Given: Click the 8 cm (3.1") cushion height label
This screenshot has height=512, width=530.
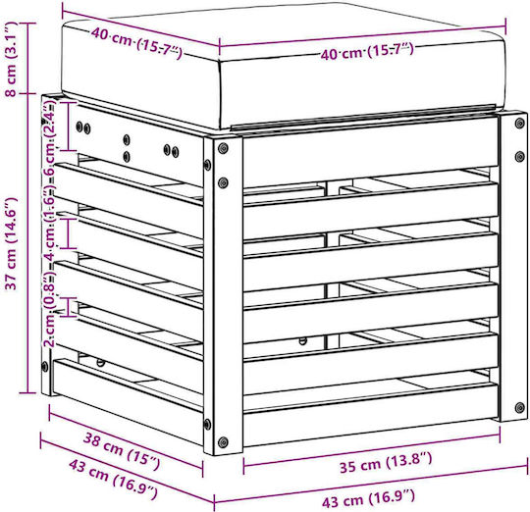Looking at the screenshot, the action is pos(11,59).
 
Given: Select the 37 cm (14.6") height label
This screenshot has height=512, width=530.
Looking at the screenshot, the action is pos(12,244).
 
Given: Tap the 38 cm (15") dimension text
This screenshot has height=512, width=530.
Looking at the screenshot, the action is pos(122,450).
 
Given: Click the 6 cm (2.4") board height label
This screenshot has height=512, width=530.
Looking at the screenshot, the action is pos(49,137).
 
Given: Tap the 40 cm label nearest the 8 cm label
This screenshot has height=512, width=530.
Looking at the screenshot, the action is pos(136,43).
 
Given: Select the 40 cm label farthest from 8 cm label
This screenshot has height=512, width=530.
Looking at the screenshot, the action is pos(367,51).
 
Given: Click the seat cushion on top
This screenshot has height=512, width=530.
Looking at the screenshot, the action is pos(284,68).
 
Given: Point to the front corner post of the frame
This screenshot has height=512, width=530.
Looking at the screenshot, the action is pos(223,294).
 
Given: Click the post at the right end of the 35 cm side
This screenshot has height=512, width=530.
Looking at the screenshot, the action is pos(513,267).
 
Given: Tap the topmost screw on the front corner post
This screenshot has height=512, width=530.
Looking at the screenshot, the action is pos(223,148).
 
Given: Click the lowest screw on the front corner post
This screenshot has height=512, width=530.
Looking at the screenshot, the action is pos(223,441).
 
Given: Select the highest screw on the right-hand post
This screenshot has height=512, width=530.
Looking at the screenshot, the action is pos(519,123).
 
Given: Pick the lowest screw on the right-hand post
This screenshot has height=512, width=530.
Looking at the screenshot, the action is pos(520,407).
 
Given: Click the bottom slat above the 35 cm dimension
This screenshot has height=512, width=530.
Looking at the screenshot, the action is pos(371,414).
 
